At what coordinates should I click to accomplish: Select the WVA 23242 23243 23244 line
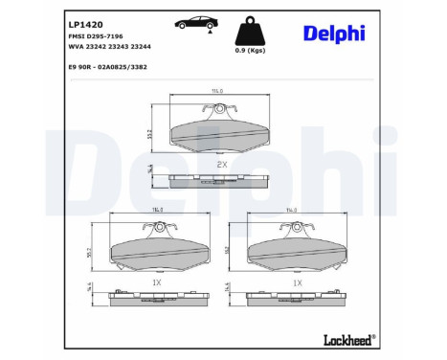point(109,46)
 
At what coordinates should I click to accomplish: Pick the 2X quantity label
point(222,165)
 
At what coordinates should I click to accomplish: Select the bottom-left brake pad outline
point(159,252)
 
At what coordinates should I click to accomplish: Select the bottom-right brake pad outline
point(299,252)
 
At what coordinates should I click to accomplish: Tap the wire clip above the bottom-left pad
point(158,226)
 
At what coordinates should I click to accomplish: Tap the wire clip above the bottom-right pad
point(299,226)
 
